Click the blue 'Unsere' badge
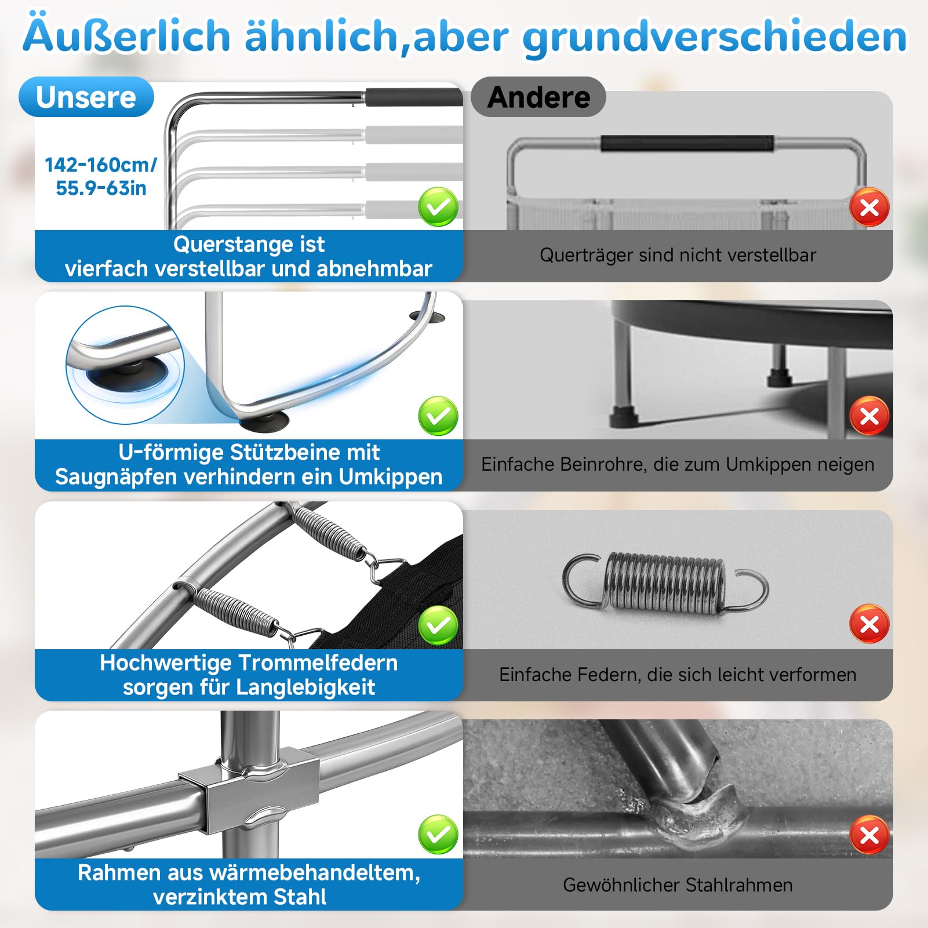(x=86, y=97)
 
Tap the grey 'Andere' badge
(x=538, y=97)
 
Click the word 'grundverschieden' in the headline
(x=715, y=37)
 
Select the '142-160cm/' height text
(x=101, y=165)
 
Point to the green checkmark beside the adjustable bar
(x=438, y=207)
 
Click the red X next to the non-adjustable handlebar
(x=869, y=207)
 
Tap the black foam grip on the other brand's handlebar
(x=687, y=143)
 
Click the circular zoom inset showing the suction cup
(x=125, y=365)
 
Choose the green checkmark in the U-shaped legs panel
(x=438, y=416)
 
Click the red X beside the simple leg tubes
(x=869, y=416)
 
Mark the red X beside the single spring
(x=869, y=624)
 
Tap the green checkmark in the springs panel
(x=438, y=625)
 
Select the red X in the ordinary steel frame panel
(x=869, y=835)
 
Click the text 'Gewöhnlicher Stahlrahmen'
(x=678, y=885)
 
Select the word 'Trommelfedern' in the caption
(x=318, y=663)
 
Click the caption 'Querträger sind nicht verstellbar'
(x=678, y=255)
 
